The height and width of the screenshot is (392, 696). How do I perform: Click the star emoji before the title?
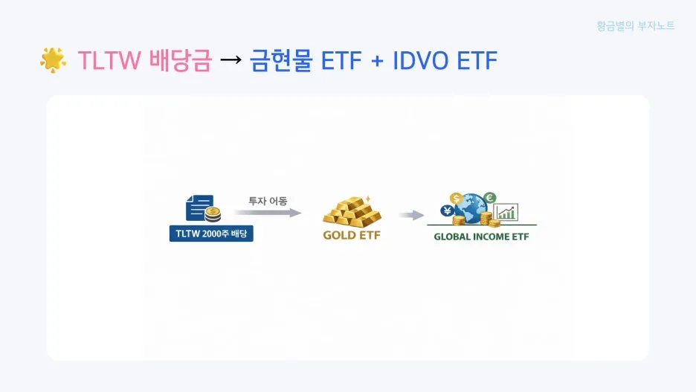coord(53,60)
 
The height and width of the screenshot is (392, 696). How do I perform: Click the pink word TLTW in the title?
coord(109,60)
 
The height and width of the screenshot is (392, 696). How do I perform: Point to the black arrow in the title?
coord(231,60)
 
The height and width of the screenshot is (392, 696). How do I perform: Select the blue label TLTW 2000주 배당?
coord(211,234)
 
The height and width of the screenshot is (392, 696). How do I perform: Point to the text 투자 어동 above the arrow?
coord(268,200)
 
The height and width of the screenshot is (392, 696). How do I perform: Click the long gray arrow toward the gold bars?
coord(268,213)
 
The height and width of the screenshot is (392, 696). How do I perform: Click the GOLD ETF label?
coord(351,237)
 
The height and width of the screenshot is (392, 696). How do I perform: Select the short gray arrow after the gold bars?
coord(410,216)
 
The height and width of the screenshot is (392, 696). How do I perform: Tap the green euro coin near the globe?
coord(489,198)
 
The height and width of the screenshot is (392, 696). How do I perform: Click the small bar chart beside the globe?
coord(506,212)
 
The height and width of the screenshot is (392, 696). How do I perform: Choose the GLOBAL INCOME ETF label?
coord(481,237)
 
